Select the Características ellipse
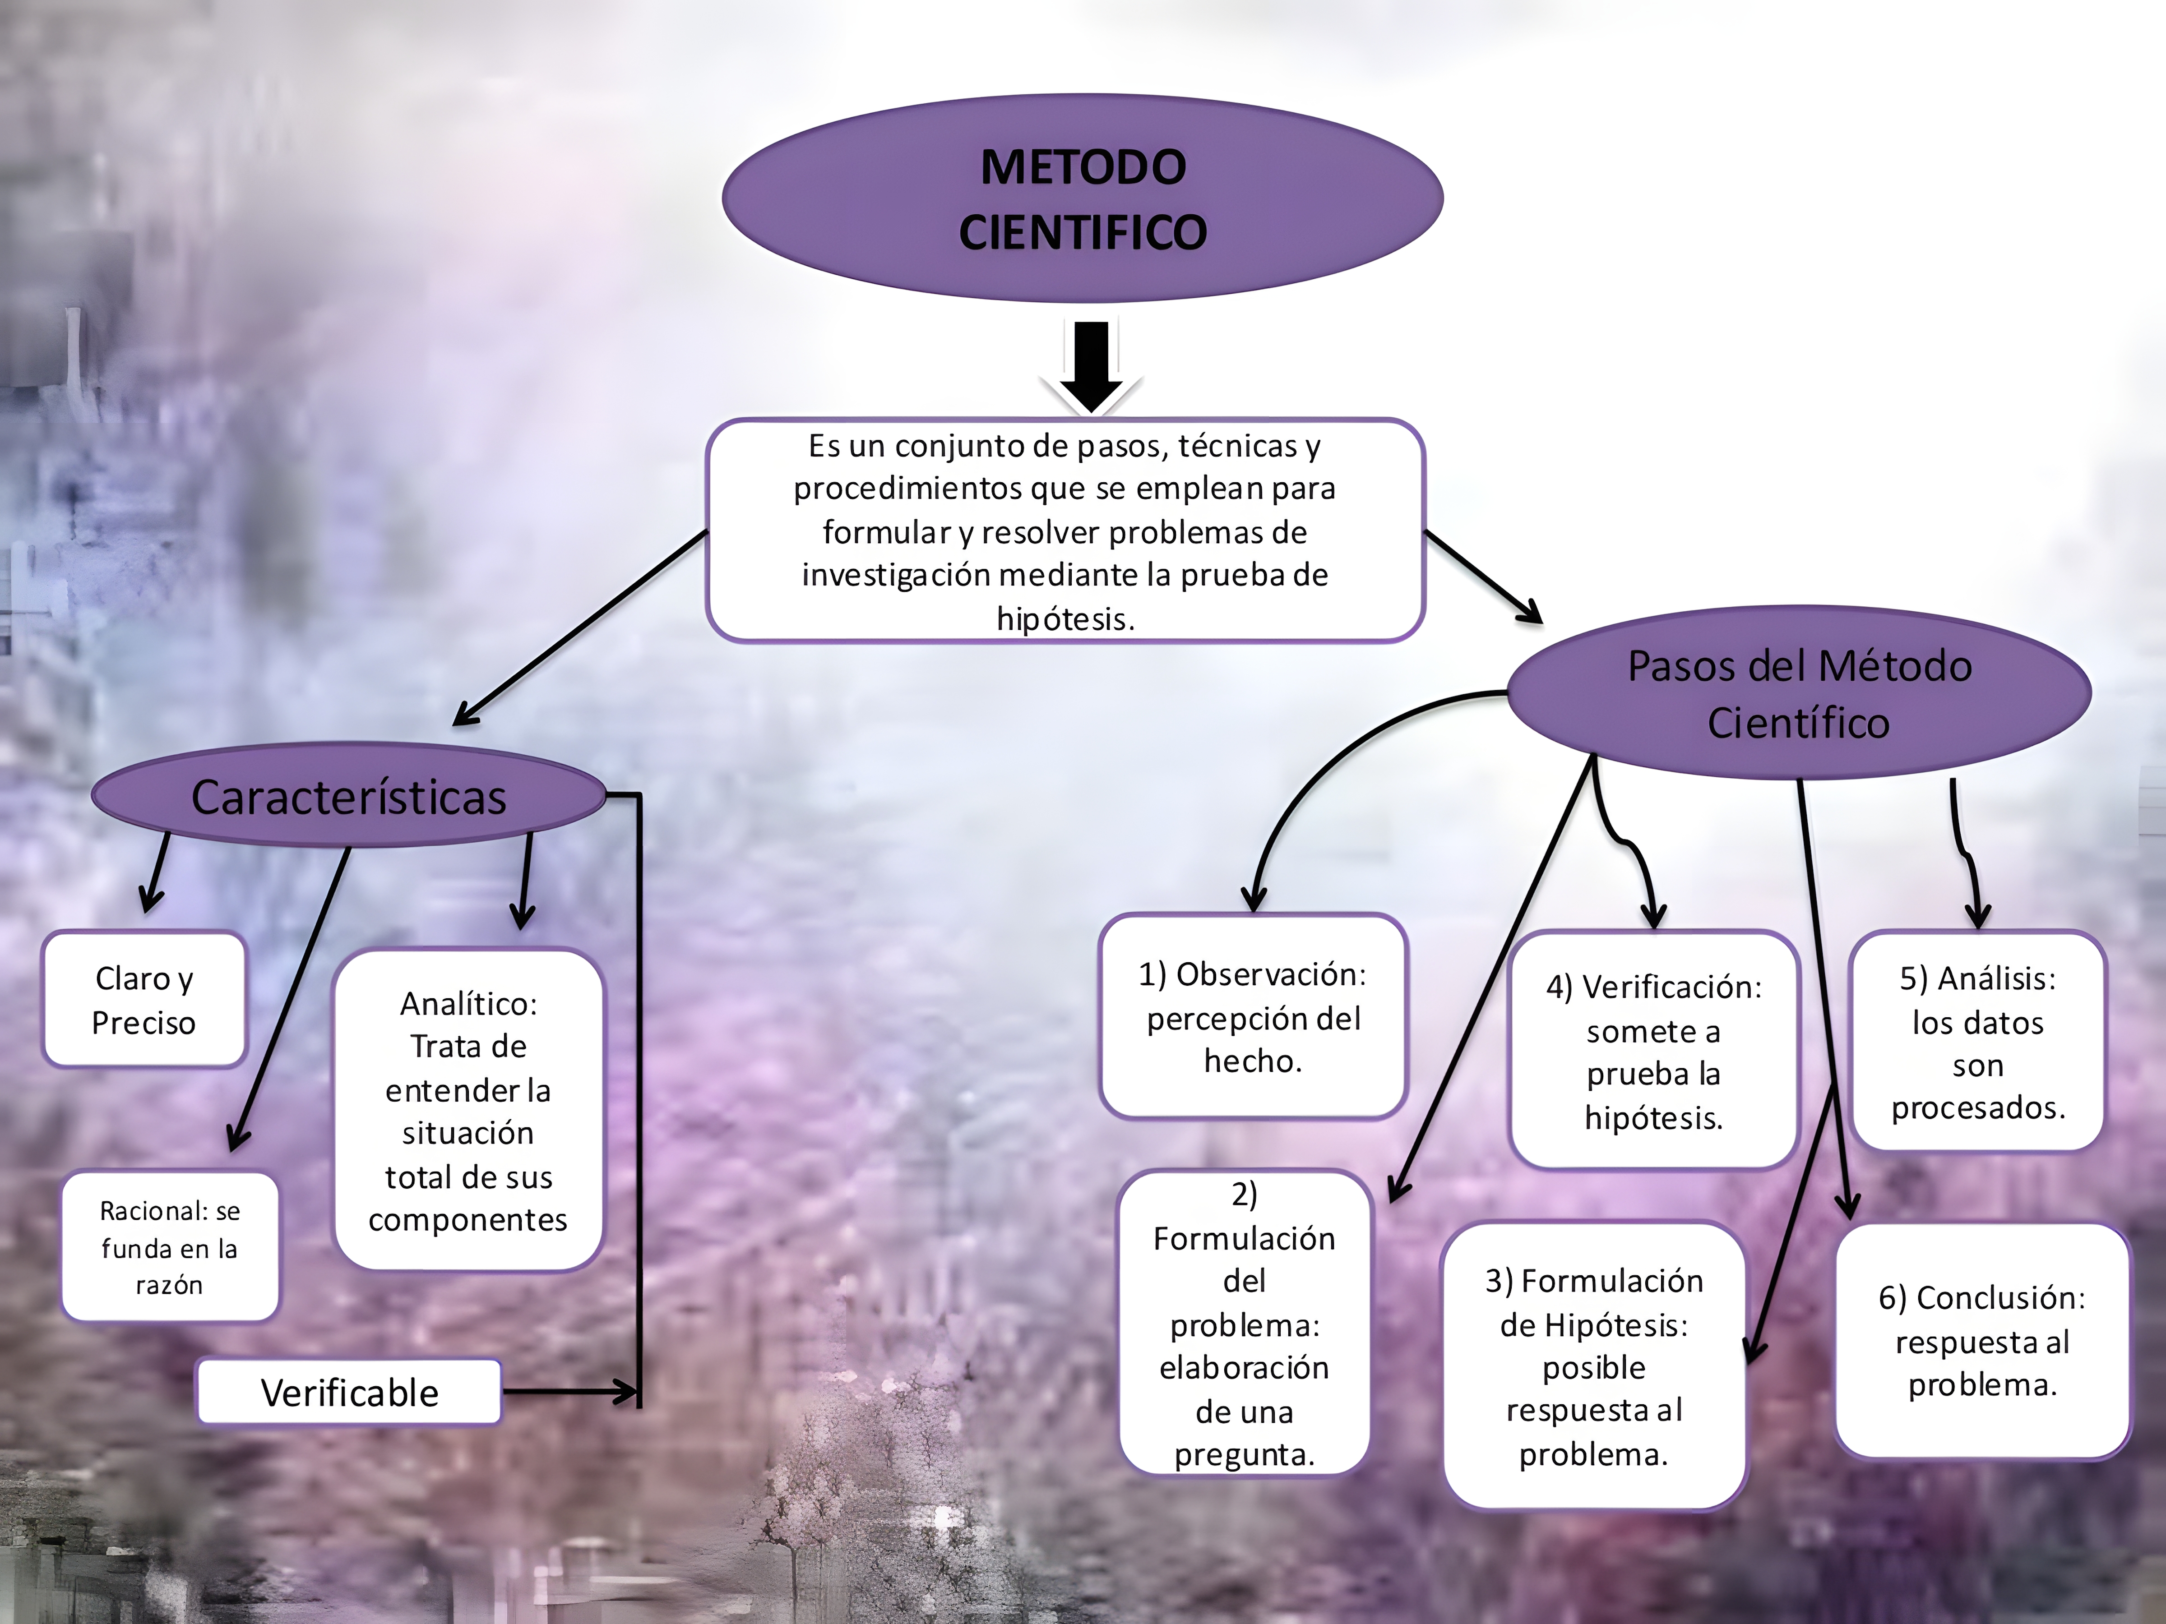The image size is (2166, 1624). pos(349,796)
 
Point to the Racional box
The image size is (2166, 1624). pos(169,1247)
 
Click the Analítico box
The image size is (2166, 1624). pos(468,1111)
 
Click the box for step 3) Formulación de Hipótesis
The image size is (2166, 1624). pos(1593,1366)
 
